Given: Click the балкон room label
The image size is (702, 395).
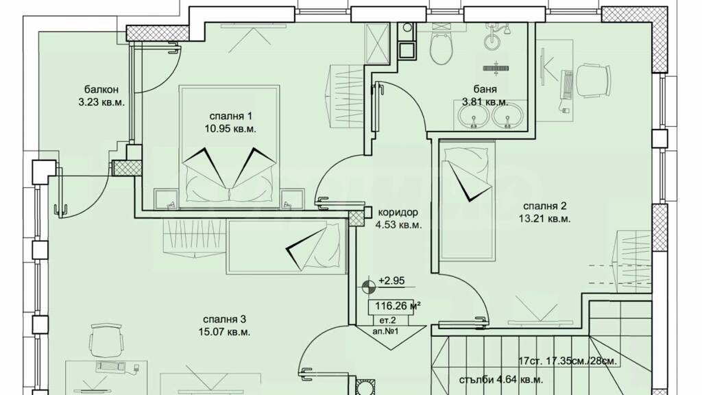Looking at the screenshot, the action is click(x=101, y=90).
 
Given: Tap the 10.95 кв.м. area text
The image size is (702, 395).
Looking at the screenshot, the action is click(x=230, y=129).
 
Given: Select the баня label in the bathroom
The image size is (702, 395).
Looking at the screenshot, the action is click(x=486, y=89).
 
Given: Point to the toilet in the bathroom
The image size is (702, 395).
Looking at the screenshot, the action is click(x=442, y=47).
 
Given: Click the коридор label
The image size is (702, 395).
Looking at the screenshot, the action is click(x=398, y=212).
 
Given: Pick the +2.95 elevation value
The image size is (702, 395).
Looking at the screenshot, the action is click(x=391, y=280).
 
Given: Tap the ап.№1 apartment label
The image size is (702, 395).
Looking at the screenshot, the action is click(x=385, y=332).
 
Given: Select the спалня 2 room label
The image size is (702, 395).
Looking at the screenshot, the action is click(x=545, y=206).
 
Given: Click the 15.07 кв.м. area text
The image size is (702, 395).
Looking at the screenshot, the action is click(x=224, y=333).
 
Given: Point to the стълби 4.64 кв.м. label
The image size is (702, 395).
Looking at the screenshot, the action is click(x=501, y=380).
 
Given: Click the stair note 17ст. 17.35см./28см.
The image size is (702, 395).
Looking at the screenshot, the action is click(x=567, y=361).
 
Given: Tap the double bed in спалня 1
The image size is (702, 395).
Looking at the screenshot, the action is click(x=230, y=147).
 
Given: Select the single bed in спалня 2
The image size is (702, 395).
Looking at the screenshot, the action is click(x=468, y=200).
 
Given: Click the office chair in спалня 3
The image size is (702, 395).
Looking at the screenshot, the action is click(x=106, y=342).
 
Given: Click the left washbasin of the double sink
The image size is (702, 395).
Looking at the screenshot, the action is click(x=473, y=116).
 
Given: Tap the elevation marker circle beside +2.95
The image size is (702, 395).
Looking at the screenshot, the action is click(x=368, y=286).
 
